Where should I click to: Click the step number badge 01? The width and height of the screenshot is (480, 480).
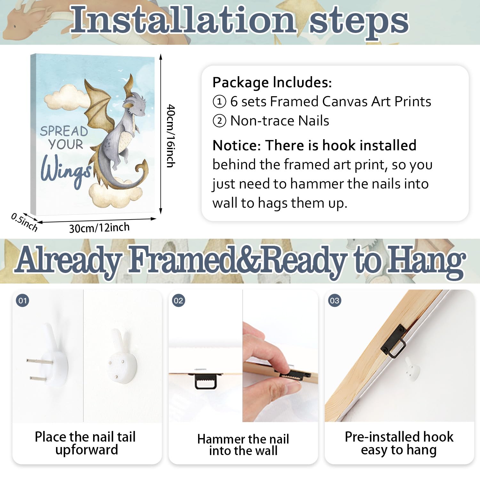point(22,300)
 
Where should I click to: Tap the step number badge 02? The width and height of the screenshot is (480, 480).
point(179,300)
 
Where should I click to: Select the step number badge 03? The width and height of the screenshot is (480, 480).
point(335,300)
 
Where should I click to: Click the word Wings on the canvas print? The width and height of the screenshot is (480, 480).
point(66,169)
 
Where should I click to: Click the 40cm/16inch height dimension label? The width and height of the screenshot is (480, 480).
point(171,136)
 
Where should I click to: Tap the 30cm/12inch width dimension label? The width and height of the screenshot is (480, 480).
point(99,228)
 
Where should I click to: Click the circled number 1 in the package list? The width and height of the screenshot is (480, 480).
point(220,102)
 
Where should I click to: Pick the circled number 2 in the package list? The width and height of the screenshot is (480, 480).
point(220,121)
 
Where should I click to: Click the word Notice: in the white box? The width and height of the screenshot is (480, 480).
point(237,145)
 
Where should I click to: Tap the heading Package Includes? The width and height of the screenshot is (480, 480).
point(272,83)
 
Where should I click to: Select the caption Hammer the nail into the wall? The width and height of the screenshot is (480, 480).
point(243,444)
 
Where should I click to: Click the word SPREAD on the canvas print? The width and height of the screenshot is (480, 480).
point(64,131)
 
